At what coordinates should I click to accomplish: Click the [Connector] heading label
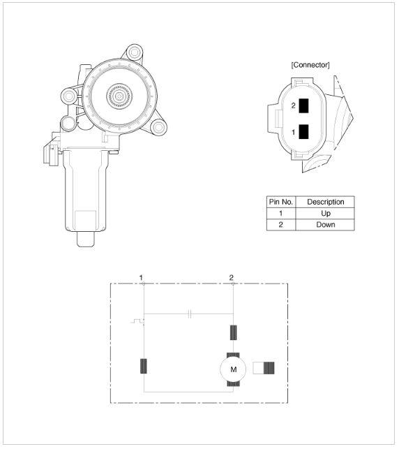click(310, 65)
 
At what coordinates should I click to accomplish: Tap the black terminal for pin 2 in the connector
click(303, 105)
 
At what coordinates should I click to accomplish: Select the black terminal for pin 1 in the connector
click(303, 132)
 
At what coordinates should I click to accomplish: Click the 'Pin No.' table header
click(281, 202)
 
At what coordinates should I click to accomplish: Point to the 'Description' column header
click(326, 202)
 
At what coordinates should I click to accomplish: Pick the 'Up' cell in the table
click(326, 214)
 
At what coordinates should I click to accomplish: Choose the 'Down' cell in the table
click(326, 225)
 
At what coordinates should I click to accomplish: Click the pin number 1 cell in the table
click(281, 214)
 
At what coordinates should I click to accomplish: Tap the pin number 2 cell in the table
click(281, 225)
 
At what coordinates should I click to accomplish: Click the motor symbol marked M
click(233, 369)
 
